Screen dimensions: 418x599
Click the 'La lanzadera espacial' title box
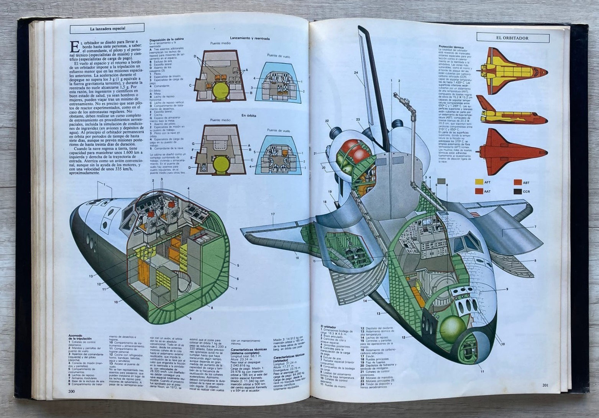click(x=107, y=28)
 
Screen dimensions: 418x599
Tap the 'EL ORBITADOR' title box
click(x=512, y=38)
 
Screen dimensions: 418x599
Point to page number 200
click(x=71, y=391)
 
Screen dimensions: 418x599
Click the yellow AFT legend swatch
click(x=479, y=182)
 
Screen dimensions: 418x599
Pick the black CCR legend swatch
click(x=517, y=191)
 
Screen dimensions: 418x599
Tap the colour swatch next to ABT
click(x=517, y=183)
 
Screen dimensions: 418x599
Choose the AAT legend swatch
click(x=479, y=191)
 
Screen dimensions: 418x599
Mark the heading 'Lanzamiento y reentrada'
click(x=249, y=38)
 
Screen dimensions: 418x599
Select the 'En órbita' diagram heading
click(x=249, y=115)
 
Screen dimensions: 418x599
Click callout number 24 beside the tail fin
click(x=356, y=73)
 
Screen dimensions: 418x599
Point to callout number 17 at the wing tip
click(x=273, y=214)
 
